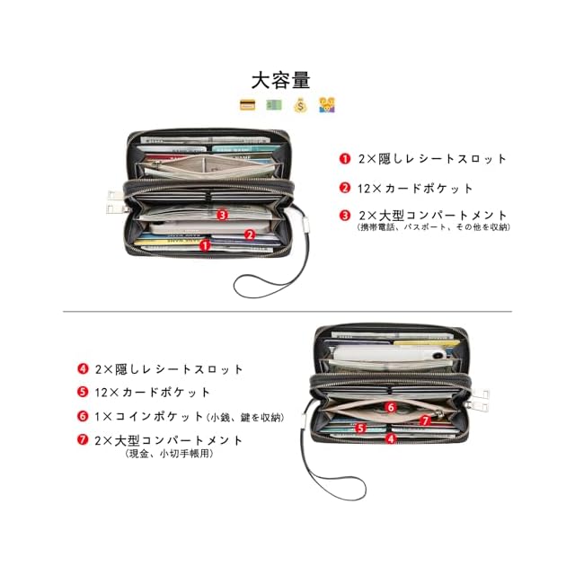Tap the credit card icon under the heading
[x=247, y=105]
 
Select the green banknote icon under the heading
[x=273, y=105]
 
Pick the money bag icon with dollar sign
[x=300, y=105]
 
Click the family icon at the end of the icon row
[x=327, y=105]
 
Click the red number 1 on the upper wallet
[x=205, y=244]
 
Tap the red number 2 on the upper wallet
[x=250, y=234]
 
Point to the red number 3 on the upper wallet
[x=223, y=214]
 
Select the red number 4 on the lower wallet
[x=391, y=438]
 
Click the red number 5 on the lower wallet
[x=359, y=429]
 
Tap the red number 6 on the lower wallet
[x=391, y=406]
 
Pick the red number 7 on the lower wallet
[x=425, y=420]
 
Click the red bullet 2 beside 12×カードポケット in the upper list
[x=345, y=188]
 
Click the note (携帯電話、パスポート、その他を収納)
[x=433, y=227]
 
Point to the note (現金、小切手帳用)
[x=170, y=454]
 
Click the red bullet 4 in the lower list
[x=83, y=368]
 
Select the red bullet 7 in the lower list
[x=83, y=440]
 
